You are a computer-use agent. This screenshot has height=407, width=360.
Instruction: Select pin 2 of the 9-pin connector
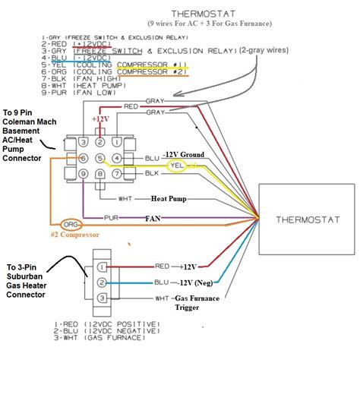100,140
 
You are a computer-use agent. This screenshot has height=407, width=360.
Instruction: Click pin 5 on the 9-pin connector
100,158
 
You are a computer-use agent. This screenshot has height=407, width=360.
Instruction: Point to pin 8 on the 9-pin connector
100,175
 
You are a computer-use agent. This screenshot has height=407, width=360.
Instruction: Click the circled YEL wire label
177,165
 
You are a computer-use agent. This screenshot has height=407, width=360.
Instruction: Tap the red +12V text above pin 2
100,120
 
